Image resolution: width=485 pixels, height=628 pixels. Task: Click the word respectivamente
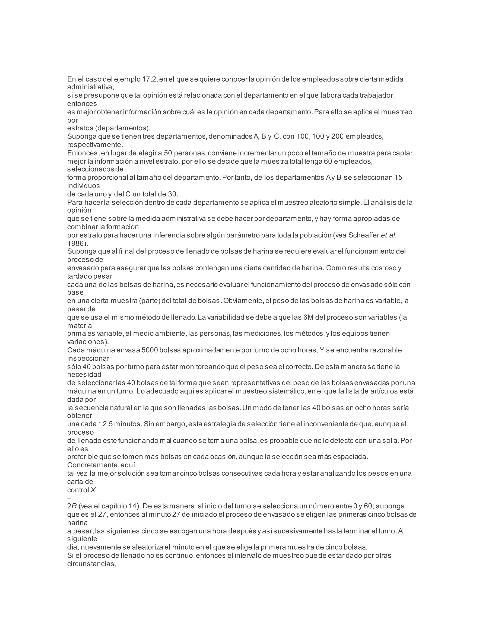(95, 144)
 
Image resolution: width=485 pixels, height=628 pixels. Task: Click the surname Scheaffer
(364, 235)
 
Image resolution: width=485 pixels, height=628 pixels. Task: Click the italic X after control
(93, 490)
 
